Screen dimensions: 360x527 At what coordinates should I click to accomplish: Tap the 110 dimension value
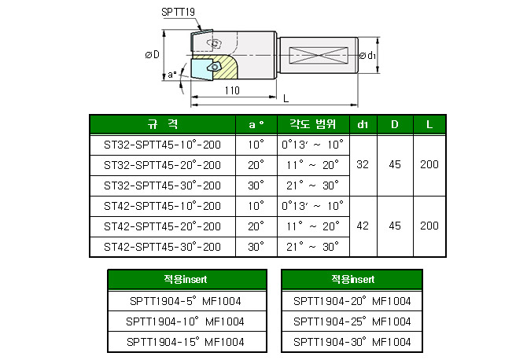coord(231,90)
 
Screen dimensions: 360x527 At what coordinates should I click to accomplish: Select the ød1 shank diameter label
coord(367,56)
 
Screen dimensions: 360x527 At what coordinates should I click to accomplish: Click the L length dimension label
coord(286,97)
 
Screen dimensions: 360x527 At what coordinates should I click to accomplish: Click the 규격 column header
coord(163,125)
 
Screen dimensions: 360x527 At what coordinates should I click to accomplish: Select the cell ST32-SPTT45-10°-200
coord(163,145)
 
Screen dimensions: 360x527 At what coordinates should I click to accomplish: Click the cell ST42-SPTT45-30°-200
coord(163,247)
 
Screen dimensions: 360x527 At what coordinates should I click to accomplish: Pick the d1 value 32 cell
coord(363,165)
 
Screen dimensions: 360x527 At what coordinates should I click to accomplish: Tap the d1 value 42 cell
coord(363,226)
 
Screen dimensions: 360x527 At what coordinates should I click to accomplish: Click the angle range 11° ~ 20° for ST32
coord(312,165)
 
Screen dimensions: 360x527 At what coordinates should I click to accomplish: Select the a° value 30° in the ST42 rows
coord(256,247)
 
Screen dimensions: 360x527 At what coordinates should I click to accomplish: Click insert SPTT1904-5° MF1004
coord(186,301)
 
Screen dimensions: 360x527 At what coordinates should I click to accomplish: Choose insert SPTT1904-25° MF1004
coord(352,321)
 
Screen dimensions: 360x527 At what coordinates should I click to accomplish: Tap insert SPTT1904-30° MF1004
coord(352,342)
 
